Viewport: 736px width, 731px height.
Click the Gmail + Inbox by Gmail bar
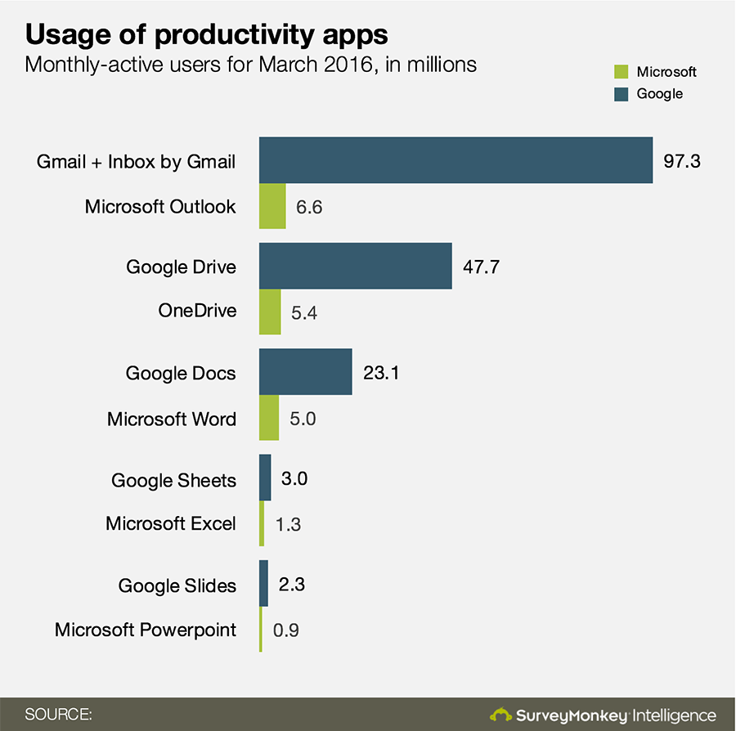point(456,160)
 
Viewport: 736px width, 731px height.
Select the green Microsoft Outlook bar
point(272,206)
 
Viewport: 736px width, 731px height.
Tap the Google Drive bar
point(356,266)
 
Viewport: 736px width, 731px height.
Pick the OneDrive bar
point(270,312)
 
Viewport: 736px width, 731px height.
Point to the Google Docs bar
point(306,373)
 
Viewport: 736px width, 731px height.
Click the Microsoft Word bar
point(269,419)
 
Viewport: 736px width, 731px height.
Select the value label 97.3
point(682,161)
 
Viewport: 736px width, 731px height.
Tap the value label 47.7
point(482,267)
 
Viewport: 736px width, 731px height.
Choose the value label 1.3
point(288,524)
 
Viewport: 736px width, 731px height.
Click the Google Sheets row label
point(174,480)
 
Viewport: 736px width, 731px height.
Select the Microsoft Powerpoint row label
point(146,630)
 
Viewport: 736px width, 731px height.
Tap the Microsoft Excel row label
point(171,523)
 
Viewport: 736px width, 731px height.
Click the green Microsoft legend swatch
point(621,72)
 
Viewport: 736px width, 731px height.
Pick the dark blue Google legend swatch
point(621,94)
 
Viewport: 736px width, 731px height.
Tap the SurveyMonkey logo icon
point(500,715)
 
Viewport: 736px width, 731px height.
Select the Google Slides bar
point(264,585)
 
